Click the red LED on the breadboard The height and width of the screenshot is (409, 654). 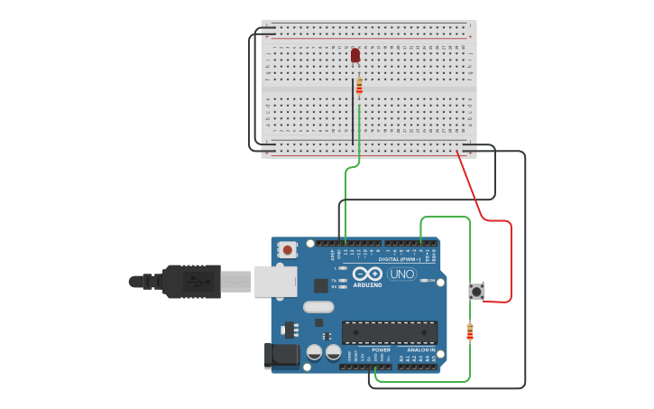click(355, 55)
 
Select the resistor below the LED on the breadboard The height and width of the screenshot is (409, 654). click(359, 87)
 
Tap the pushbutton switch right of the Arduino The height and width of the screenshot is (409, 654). click(476, 291)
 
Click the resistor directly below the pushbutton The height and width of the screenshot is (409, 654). click(469, 332)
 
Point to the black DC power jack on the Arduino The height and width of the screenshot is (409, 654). click(281, 356)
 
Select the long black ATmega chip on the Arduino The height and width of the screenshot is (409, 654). click(389, 332)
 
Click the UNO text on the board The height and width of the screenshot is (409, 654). click(401, 274)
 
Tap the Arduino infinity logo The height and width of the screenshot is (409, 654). click(368, 274)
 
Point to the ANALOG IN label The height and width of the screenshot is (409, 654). click(419, 349)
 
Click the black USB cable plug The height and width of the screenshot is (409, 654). click(190, 281)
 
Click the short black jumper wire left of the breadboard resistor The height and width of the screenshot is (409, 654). click(353, 113)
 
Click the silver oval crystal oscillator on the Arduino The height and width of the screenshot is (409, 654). click(318, 307)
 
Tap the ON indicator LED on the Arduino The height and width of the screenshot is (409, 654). click(425, 281)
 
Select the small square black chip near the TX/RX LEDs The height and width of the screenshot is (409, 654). click(320, 285)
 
